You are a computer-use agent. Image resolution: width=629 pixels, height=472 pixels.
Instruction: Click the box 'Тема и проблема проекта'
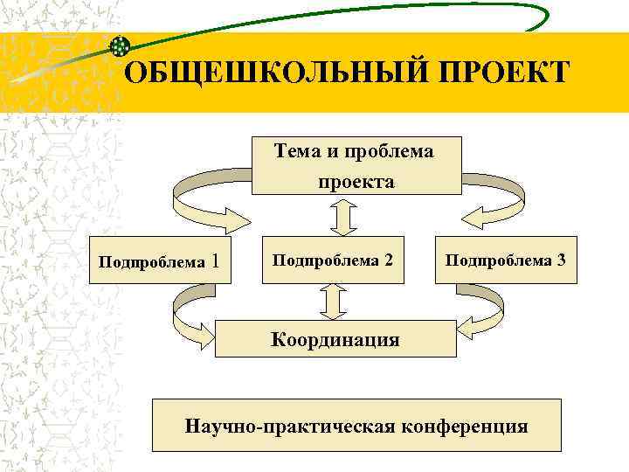pos(356,165)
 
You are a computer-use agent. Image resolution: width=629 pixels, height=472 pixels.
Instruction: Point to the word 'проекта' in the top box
pos(356,182)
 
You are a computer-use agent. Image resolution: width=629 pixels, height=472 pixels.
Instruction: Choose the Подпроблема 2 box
pos(332,260)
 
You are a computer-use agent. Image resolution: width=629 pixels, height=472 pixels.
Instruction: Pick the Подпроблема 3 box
pos(506,260)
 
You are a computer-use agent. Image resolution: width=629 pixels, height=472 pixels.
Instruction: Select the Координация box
pos(335,338)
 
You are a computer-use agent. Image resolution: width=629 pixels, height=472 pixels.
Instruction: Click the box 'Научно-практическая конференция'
pos(356,427)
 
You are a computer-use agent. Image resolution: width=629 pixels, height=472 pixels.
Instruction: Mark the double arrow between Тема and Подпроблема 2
pos(346,216)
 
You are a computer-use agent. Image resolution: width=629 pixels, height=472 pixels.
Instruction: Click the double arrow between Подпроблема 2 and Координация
pos(334,302)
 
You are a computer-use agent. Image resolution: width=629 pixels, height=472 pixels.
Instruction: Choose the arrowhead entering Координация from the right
pos(467,328)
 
